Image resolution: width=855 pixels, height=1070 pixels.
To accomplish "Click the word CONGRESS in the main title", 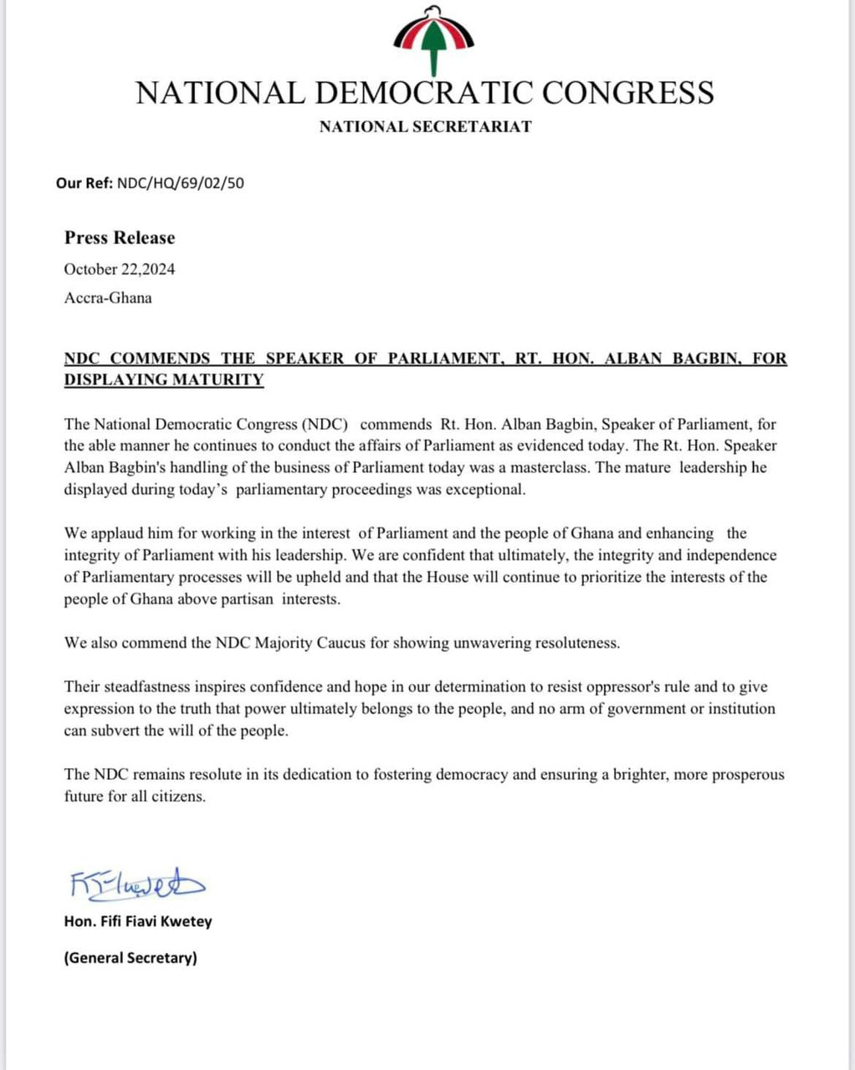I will pyautogui.click(x=627, y=92).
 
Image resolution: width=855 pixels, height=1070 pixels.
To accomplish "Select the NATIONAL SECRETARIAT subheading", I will pyautogui.click(x=425, y=127).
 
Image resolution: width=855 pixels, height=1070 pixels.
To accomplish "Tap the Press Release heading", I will pyautogui.click(x=120, y=237).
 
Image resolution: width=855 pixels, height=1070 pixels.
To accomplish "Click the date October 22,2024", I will pyautogui.click(x=120, y=269).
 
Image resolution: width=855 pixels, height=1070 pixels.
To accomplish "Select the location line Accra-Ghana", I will pyautogui.click(x=108, y=298).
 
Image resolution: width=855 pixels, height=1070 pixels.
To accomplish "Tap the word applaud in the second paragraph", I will pyautogui.click(x=116, y=533).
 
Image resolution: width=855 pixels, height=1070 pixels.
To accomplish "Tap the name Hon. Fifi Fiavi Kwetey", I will pyautogui.click(x=138, y=921).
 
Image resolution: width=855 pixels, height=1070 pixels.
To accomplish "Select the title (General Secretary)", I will pyautogui.click(x=131, y=958).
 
